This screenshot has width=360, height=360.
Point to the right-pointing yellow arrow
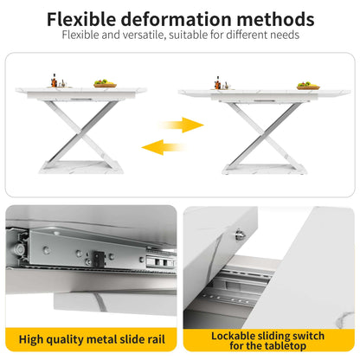click(x=183, y=125)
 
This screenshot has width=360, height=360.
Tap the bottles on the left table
click(x=55, y=80)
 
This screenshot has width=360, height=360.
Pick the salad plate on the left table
click(x=105, y=84)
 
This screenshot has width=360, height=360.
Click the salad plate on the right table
click(x=307, y=86)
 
